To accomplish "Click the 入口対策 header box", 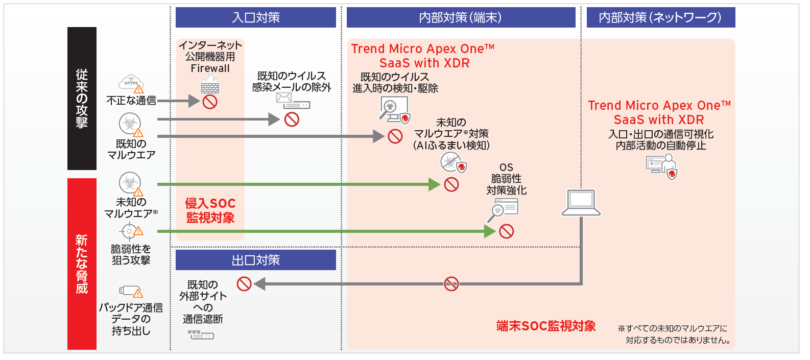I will pyautogui.click(x=255, y=17).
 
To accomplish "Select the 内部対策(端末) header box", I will pyautogui.click(x=461, y=17).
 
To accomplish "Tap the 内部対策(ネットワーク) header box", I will pyautogui.click(x=660, y=17).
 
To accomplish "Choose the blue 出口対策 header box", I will pyautogui.click(x=255, y=260).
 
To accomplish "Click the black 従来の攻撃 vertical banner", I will pyautogui.click(x=82, y=98).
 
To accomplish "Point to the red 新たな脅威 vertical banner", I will pyautogui.click(x=82, y=263).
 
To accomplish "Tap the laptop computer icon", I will pyautogui.click(x=581, y=203).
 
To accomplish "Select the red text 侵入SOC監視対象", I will pyautogui.click(x=210, y=211).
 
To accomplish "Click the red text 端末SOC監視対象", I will pyautogui.click(x=546, y=326).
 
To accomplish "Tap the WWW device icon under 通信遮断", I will pyautogui.click(x=200, y=335).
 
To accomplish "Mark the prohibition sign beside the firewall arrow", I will pyautogui.click(x=210, y=102).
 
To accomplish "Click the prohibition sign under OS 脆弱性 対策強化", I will pyautogui.click(x=506, y=231).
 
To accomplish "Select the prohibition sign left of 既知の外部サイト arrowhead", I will pyautogui.click(x=244, y=284).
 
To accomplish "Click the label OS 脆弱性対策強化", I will pyautogui.click(x=506, y=179).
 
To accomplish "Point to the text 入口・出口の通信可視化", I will pyautogui.click(x=661, y=134).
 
